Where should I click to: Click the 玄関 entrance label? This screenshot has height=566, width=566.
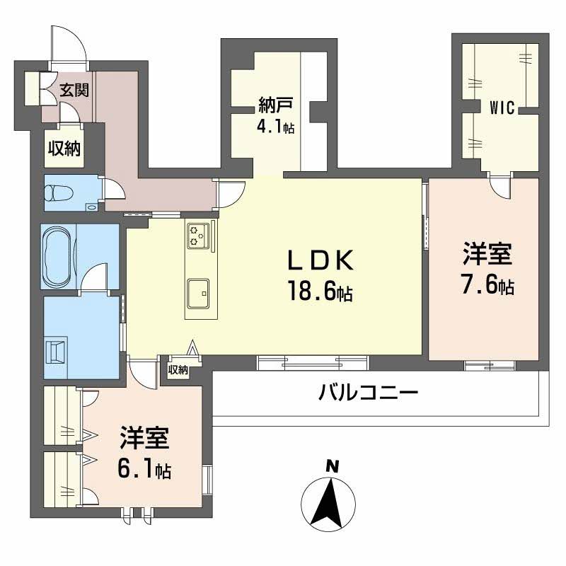pyautogui.click(x=74, y=90)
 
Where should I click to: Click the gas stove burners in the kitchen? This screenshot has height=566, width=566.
pyautogui.click(x=199, y=235)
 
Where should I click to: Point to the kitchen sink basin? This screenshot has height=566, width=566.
pyautogui.click(x=198, y=291)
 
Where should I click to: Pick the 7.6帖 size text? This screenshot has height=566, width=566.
pyautogui.click(x=487, y=284)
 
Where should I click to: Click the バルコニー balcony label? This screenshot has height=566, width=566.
pyautogui.click(x=368, y=391)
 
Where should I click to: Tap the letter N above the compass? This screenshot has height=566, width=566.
pyautogui.click(x=329, y=466)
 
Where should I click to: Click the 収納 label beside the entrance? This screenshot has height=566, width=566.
pyautogui.click(x=63, y=148)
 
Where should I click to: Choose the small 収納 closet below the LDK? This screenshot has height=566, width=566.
pyautogui.click(x=178, y=369)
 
